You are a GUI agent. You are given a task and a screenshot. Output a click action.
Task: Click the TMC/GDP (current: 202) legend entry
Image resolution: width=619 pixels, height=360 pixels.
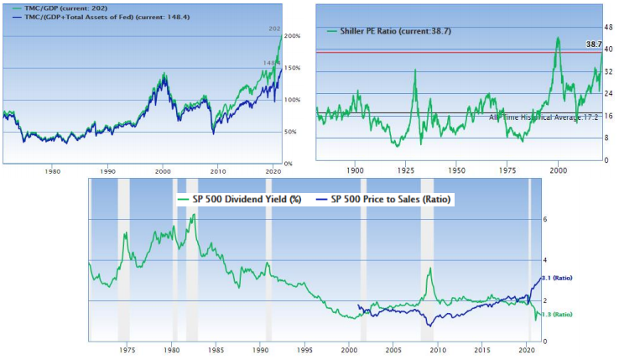pyautogui.click(x=64, y=9)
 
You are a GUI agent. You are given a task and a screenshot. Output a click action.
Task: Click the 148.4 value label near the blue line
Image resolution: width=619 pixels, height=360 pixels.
pyautogui.click(x=270, y=63)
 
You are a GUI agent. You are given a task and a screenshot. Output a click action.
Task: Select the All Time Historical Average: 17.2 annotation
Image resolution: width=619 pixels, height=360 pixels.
pyautogui.click(x=545, y=117)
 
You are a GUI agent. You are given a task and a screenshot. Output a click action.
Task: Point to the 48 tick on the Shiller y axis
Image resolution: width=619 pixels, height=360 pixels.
pyautogui.click(x=608, y=28)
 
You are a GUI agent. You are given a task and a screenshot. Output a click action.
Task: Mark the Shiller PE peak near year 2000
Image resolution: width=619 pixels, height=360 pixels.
pyautogui.click(x=558, y=39)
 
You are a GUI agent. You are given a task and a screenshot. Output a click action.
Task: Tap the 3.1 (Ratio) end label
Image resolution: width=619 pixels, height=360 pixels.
pyautogui.click(x=557, y=278)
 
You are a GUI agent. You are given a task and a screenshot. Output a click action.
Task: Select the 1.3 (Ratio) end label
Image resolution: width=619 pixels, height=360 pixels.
pyautogui.click(x=557, y=314)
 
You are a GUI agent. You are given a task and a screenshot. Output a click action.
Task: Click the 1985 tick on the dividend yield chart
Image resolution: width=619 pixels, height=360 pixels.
pyautogui.click(x=216, y=348)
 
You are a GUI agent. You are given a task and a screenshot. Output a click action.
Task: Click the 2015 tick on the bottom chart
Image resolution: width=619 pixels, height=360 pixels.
pyautogui.click(x=482, y=348)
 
